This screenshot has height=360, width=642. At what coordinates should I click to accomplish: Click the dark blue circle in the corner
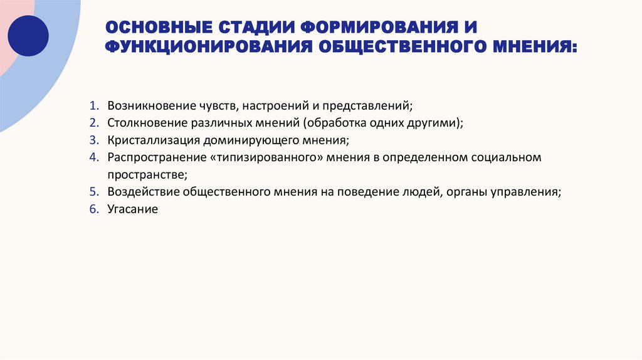point(28,36)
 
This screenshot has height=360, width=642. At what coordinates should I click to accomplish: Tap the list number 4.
point(93,157)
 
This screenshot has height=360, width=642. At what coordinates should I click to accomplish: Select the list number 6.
point(93,209)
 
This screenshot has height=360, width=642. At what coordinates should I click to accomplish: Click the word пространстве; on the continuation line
point(147,174)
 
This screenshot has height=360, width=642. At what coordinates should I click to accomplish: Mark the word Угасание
point(132,209)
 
